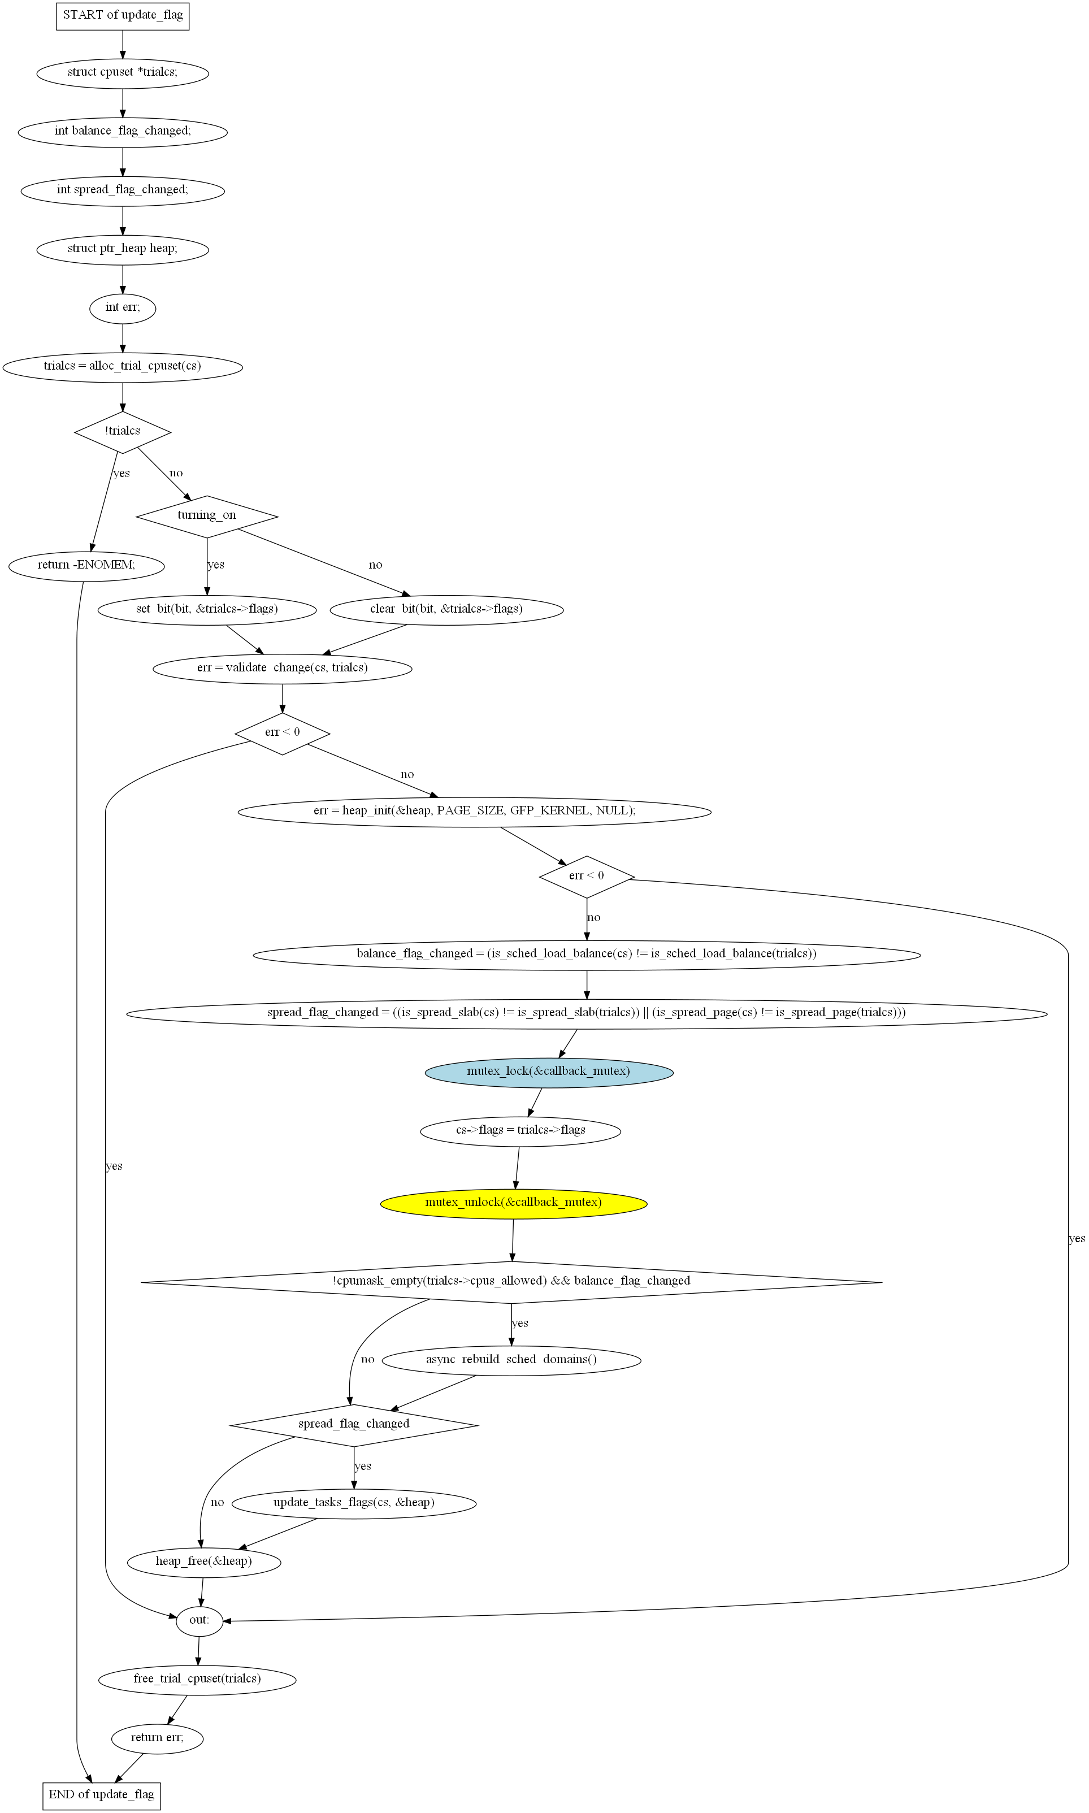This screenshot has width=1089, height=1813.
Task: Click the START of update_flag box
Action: click(x=123, y=15)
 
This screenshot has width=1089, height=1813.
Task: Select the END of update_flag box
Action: click(x=101, y=1795)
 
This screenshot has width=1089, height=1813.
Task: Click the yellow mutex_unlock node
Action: click(x=514, y=1203)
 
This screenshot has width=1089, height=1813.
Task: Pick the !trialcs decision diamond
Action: click(x=123, y=431)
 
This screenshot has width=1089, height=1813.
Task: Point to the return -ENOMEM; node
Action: click(x=86, y=566)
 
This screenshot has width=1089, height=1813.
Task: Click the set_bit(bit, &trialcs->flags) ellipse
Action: click(x=207, y=609)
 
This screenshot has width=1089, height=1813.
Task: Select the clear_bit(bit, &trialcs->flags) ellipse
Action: click(x=447, y=609)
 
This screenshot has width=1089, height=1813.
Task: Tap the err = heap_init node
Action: click(x=475, y=812)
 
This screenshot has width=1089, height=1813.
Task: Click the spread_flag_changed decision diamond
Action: click(x=354, y=1425)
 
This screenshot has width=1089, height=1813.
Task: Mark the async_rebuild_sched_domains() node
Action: click(x=511, y=1360)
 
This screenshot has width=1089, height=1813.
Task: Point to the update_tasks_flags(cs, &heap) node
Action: click(x=354, y=1503)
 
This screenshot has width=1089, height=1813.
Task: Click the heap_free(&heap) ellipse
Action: click(x=204, y=1562)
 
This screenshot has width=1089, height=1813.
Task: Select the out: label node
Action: click(x=199, y=1620)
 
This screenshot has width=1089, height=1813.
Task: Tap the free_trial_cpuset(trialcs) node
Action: click(x=197, y=1678)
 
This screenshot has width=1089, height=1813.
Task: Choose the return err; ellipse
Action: click(x=157, y=1737)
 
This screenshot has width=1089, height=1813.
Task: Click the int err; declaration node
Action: click(x=123, y=307)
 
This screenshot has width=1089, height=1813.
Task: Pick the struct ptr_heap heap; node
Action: click(x=123, y=249)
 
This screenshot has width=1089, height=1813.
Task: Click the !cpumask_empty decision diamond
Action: click(x=511, y=1282)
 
